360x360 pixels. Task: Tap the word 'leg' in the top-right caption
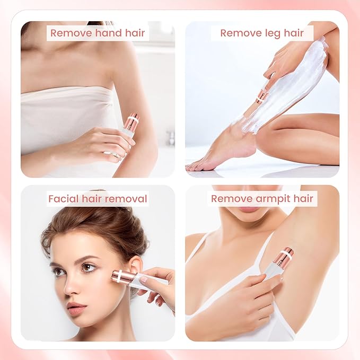[275, 33]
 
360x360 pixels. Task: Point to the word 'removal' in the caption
[127, 199]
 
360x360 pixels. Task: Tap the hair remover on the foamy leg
[262, 96]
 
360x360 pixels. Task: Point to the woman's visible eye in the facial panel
[88, 268]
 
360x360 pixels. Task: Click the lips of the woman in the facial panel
[77, 308]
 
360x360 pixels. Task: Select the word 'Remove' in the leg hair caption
[241, 33]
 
